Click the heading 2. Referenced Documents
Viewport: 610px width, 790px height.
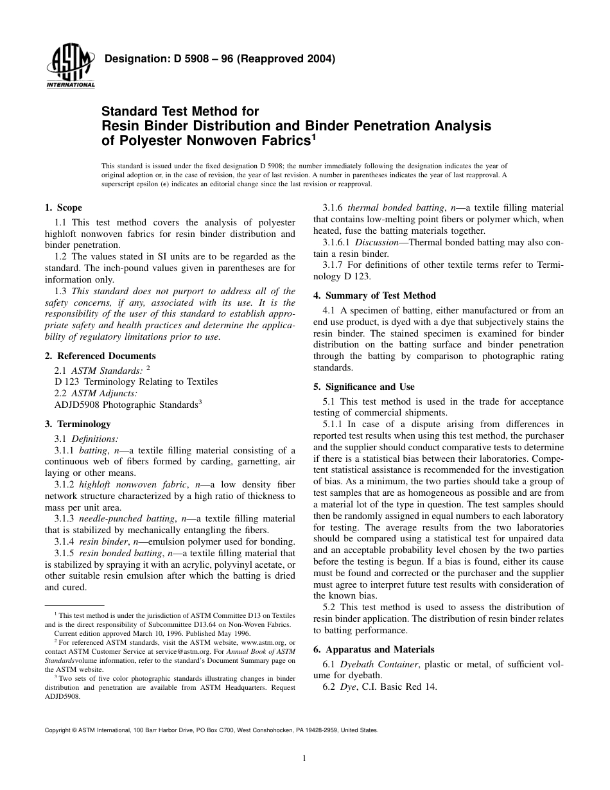click(x=100, y=355)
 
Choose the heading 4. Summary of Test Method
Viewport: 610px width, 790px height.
click(x=374, y=295)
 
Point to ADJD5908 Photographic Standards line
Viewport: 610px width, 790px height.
click(x=128, y=405)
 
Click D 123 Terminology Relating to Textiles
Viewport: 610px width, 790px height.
click(x=136, y=382)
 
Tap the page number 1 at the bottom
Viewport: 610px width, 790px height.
click(x=304, y=759)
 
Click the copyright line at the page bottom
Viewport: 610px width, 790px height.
click(x=211, y=730)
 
